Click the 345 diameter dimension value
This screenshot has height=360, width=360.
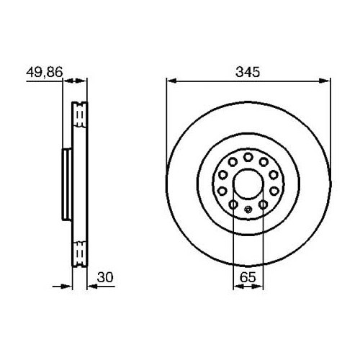[247, 72]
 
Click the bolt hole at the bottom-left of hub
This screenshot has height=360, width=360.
[233, 205]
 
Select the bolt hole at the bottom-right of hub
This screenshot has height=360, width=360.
[264, 205]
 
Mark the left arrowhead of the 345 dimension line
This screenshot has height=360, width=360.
[171, 80]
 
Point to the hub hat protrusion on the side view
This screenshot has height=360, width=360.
[66, 184]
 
